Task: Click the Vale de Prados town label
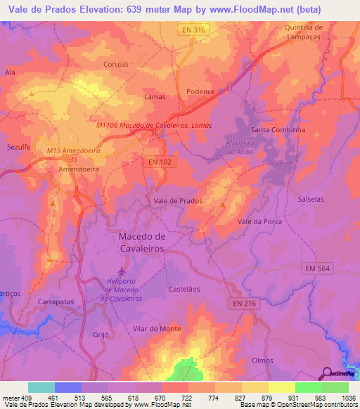point(178,201)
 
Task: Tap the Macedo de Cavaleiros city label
point(141,242)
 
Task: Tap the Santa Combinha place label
point(278,131)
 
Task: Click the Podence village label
point(200,92)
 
